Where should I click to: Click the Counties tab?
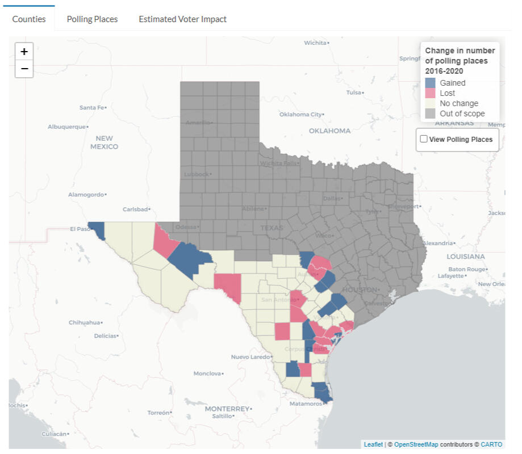click(x=29, y=19)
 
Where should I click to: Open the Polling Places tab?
click(x=92, y=19)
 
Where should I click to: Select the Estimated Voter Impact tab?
click(x=182, y=19)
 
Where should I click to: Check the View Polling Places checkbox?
click(x=424, y=139)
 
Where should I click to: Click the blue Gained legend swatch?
click(x=431, y=83)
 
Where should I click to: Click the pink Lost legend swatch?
click(x=431, y=93)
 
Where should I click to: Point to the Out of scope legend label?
click(x=462, y=113)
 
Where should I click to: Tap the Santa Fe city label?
click(x=91, y=107)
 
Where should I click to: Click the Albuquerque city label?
click(x=67, y=127)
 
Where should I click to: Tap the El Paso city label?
click(x=80, y=229)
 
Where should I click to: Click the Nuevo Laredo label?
click(x=250, y=357)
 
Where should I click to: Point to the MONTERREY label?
click(x=227, y=409)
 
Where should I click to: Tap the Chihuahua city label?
click(x=84, y=322)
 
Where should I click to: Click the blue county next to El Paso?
click(x=99, y=229)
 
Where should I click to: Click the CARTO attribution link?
click(x=491, y=444)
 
